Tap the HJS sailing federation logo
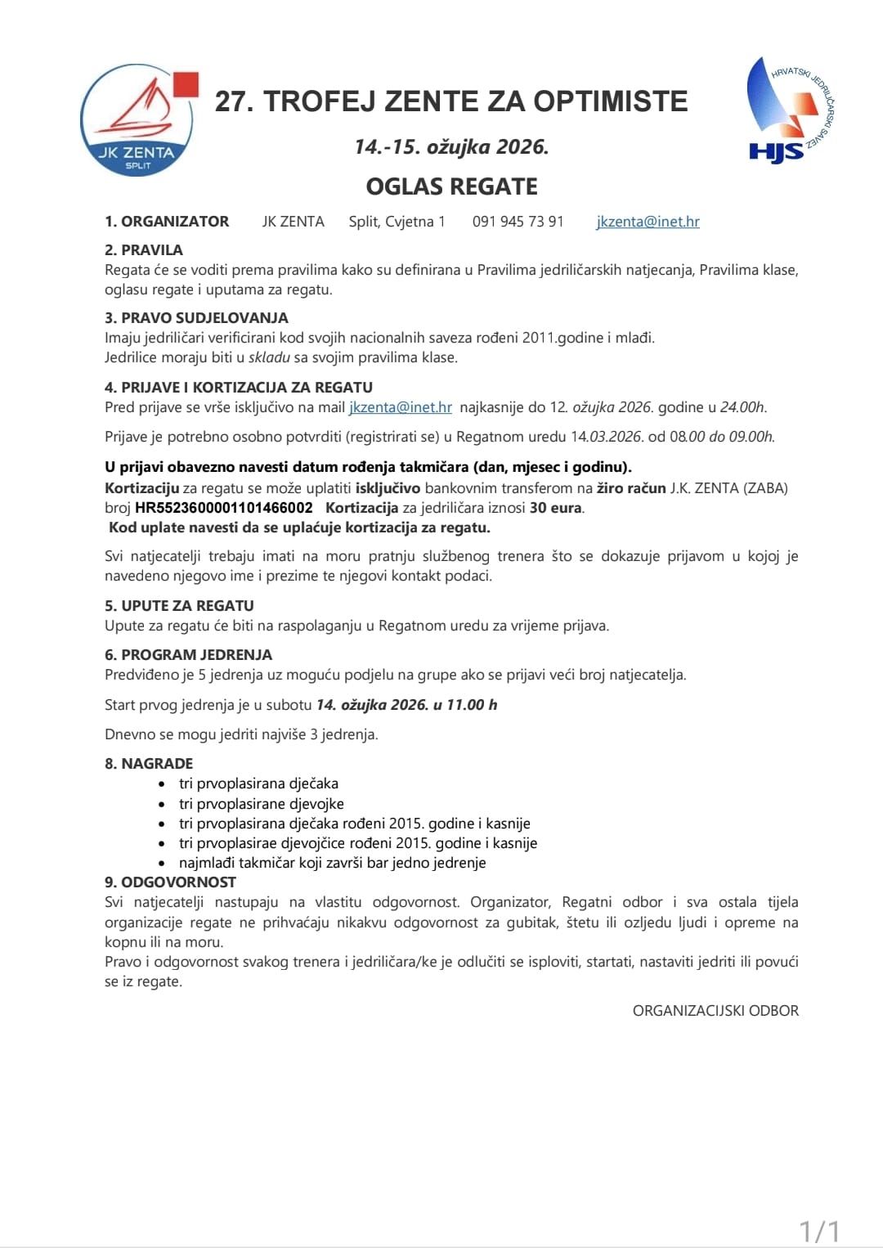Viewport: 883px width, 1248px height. coord(788,110)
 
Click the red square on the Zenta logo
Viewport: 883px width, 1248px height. coord(186,84)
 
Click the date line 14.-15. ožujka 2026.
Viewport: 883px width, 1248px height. coord(451,146)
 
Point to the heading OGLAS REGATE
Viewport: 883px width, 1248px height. coord(451,186)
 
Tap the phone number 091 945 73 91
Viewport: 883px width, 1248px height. coord(518,222)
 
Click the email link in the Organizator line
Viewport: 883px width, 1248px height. coord(648,222)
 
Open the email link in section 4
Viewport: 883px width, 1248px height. coord(401,407)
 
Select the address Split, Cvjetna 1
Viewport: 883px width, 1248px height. coord(397,222)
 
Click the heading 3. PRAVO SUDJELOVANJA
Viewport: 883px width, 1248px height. coord(196,317)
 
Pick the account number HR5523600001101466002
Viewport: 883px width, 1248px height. coord(224,508)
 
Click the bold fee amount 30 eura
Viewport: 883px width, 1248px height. coord(556,508)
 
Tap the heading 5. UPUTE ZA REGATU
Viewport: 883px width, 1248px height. coord(179,605)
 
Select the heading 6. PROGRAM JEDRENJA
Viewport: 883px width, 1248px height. coord(188,654)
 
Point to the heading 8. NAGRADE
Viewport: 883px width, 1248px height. coord(149,763)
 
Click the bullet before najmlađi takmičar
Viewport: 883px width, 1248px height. coord(162,864)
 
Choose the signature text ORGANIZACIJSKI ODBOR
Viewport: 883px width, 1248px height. coord(715,1011)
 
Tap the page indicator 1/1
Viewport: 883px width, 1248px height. coord(818,1231)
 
